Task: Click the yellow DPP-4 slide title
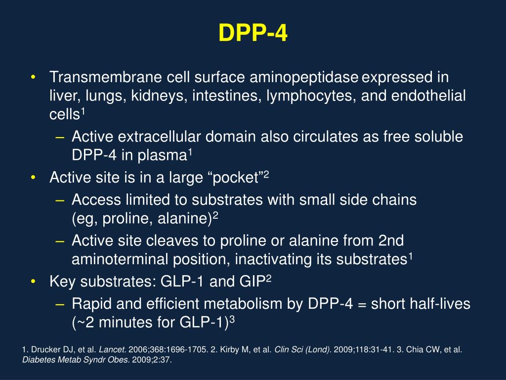[x=253, y=34]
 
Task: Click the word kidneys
[x=156, y=96]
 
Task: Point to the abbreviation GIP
[x=252, y=282]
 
